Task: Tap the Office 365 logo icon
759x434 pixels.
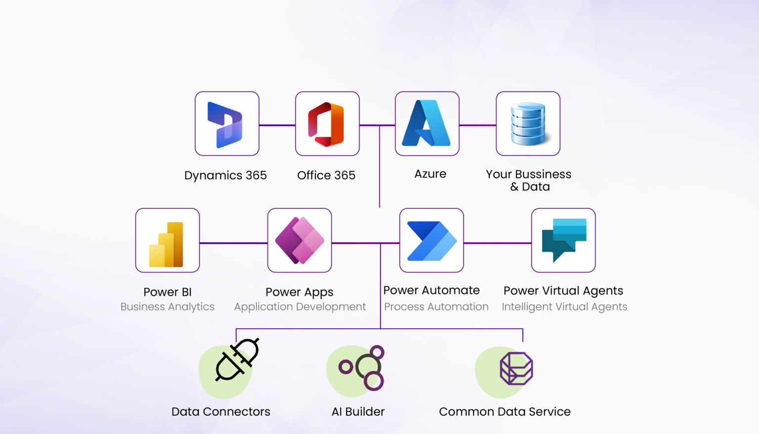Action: click(x=327, y=124)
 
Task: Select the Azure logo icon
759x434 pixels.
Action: click(x=426, y=124)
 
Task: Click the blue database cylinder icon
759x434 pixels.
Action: click(x=528, y=124)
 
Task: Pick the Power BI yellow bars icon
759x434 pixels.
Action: click(x=167, y=244)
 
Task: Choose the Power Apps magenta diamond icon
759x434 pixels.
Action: click(x=299, y=240)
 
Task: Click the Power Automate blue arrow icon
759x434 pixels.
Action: click(x=431, y=241)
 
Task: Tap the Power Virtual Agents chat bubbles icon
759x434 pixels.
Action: click(x=563, y=239)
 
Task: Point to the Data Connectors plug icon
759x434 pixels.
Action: click(x=237, y=360)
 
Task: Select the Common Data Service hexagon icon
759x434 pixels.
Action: click(x=516, y=368)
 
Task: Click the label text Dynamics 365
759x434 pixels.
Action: click(x=225, y=175)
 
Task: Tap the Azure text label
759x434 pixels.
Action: click(x=430, y=174)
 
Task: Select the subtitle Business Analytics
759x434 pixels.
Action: click(x=168, y=307)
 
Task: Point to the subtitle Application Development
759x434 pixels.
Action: click(x=300, y=307)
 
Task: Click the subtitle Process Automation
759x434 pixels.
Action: click(x=436, y=307)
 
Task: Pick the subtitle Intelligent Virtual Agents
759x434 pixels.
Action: click(x=564, y=307)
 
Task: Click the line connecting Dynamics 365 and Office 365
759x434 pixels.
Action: click(x=277, y=125)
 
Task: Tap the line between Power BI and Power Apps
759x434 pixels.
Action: click(x=233, y=243)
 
